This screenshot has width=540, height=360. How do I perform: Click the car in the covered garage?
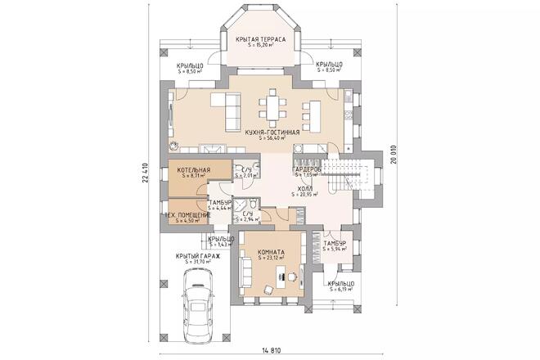click(199, 302)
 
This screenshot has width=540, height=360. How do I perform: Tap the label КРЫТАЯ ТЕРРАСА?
click(259, 39)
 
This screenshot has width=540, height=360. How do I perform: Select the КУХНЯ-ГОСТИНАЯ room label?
click(272, 132)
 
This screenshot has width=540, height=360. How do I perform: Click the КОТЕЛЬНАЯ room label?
click(193, 169)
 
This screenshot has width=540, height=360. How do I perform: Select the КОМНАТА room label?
click(271, 252)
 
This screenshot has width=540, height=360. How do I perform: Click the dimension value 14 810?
click(272, 350)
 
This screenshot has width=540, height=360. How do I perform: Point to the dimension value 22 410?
click(144, 171)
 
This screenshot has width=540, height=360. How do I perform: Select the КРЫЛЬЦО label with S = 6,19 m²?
click(340, 283)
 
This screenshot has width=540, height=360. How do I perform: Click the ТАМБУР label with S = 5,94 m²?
click(335, 244)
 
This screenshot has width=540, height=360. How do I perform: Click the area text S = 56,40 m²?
click(272, 138)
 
